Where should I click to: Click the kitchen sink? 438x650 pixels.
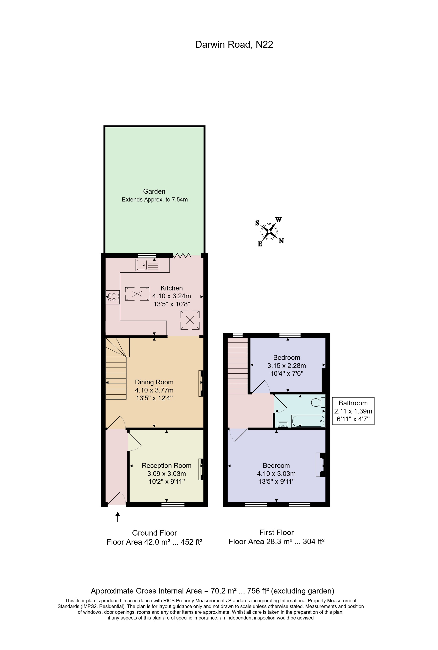[x=147, y=265]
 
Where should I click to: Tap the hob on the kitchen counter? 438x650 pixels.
[x=112, y=297]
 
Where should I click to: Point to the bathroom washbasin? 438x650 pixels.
[x=283, y=424]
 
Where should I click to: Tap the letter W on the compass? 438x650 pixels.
[x=278, y=220]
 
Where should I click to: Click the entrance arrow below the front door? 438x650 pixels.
[x=118, y=517]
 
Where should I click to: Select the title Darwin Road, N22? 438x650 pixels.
[x=234, y=44]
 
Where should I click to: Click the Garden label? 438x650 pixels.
[x=154, y=191]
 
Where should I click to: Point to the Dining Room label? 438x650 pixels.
[x=154, y=382]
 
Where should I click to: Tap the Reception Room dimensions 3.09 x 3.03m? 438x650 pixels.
[x=167, y=474]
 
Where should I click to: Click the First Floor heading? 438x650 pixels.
[x=276, y=532]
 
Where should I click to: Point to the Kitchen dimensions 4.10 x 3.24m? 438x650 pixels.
[x=172, y=296]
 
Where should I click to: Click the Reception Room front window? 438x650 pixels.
[x=173, y=504]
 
